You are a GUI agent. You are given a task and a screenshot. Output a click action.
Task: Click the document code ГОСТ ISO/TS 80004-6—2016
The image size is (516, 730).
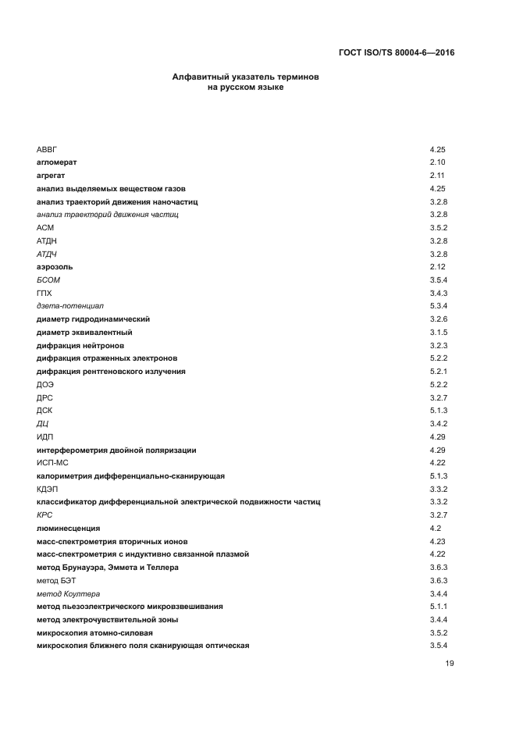point(397,53)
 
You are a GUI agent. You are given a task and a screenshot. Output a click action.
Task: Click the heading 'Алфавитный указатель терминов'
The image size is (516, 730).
point(246,78)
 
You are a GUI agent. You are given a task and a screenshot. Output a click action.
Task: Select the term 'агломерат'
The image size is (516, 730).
point(56,162)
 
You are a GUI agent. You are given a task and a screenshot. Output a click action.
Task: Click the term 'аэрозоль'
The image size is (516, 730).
point(55,266)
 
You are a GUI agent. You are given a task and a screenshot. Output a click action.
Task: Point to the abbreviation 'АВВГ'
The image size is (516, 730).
point(47,148)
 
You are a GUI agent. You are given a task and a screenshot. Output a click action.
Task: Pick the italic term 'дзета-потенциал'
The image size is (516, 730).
point(70,305)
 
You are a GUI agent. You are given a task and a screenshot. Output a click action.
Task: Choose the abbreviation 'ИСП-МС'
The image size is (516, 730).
point(53,462)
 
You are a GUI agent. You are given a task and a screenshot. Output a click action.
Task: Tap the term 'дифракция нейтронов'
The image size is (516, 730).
point(80,345)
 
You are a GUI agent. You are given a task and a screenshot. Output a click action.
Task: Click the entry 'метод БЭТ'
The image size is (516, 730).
point(56,580)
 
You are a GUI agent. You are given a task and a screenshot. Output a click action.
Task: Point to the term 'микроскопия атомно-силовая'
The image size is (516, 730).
point(94,632)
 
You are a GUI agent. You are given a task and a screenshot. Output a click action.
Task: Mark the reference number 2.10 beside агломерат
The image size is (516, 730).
point(437,162)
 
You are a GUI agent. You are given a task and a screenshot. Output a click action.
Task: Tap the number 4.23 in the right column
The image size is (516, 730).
point(437,541)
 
